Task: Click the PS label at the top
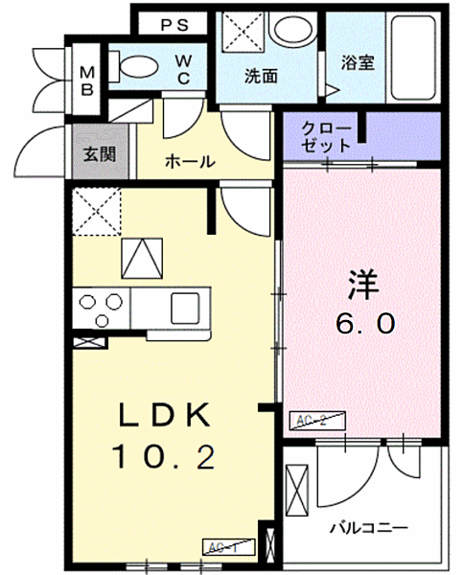(175, 24)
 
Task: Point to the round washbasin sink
(288, 30)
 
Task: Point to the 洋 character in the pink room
(363, 285)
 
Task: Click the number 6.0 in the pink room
(363, 324)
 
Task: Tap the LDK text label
(164, 417)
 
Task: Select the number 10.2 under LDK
(164, 459)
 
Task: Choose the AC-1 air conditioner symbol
(226, 546)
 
